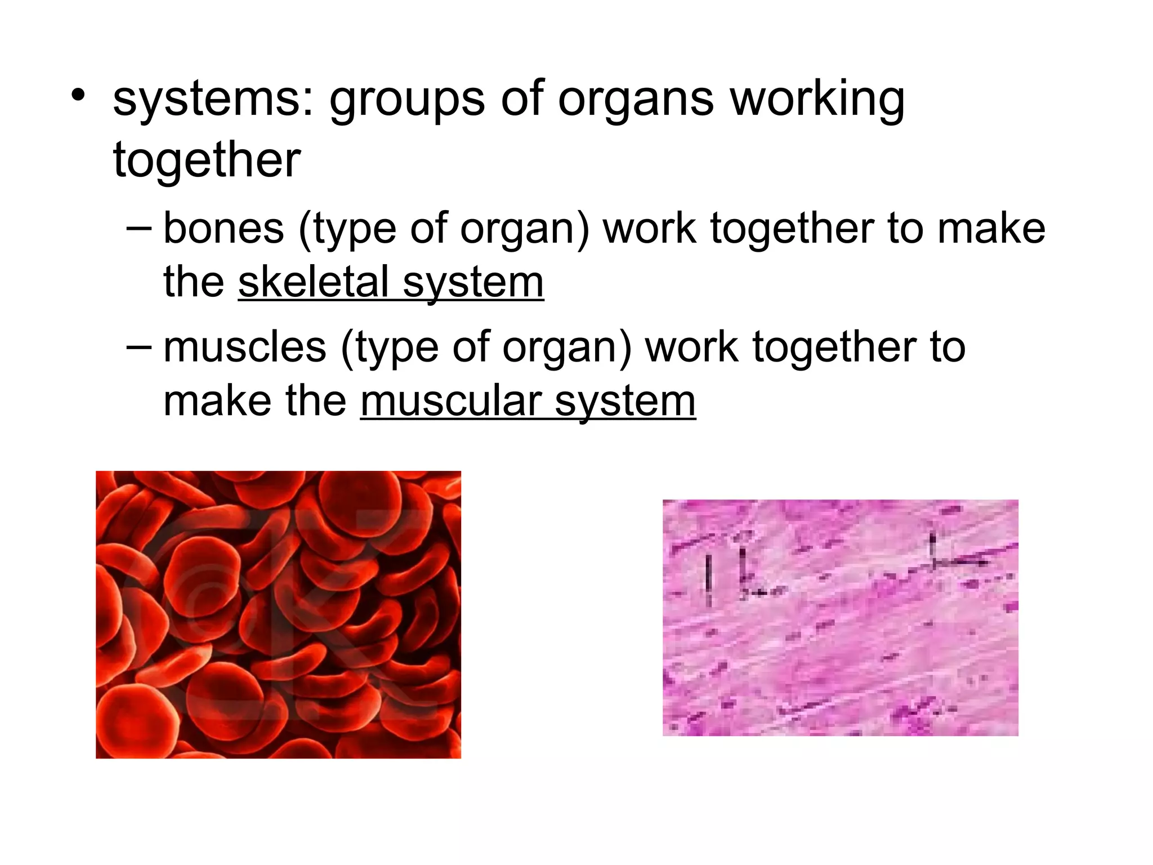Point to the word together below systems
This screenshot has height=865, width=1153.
207,160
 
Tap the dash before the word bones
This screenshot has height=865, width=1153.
139,228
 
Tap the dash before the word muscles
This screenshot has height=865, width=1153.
139,346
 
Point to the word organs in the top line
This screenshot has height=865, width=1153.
636,101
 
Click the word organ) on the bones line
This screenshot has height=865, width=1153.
524,230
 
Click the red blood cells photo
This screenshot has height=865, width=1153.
278,614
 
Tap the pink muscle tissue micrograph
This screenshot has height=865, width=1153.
840,617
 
